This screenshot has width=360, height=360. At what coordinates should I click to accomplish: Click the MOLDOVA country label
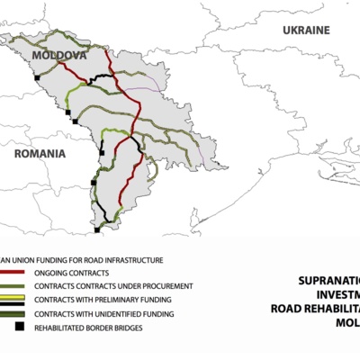[x=59, y=56]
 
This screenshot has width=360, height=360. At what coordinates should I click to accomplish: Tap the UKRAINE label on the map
[x=306, y=30]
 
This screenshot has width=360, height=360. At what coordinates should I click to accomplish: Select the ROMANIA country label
[x=40, y=154]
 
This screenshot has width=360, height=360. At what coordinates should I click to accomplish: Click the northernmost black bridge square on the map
[x=37, y=78]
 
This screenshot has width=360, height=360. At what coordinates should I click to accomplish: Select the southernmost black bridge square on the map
[x=97, y=229]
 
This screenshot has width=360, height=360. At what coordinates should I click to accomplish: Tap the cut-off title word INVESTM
[x=337, y=294]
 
